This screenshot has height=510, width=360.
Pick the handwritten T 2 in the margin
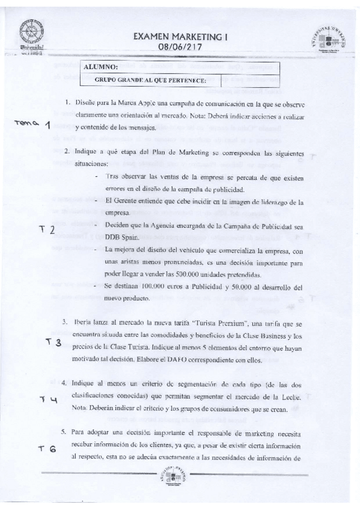[x=47, y=230]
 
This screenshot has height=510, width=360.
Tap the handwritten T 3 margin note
[x=54, y=342]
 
